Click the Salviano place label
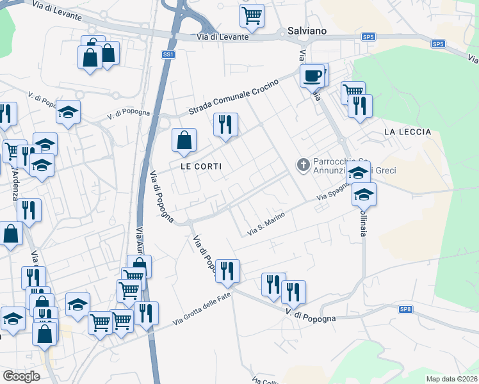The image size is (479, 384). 307,31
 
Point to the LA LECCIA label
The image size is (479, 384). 407,132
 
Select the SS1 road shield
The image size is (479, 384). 168,55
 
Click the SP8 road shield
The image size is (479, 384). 405,310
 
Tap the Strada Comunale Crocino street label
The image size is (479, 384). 234,98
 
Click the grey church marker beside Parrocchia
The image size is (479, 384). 303,165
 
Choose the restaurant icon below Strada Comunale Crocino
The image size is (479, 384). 225,124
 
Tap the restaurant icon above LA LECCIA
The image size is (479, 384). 361,106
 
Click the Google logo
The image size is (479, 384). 21,376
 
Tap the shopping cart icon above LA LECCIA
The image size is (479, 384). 352,93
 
